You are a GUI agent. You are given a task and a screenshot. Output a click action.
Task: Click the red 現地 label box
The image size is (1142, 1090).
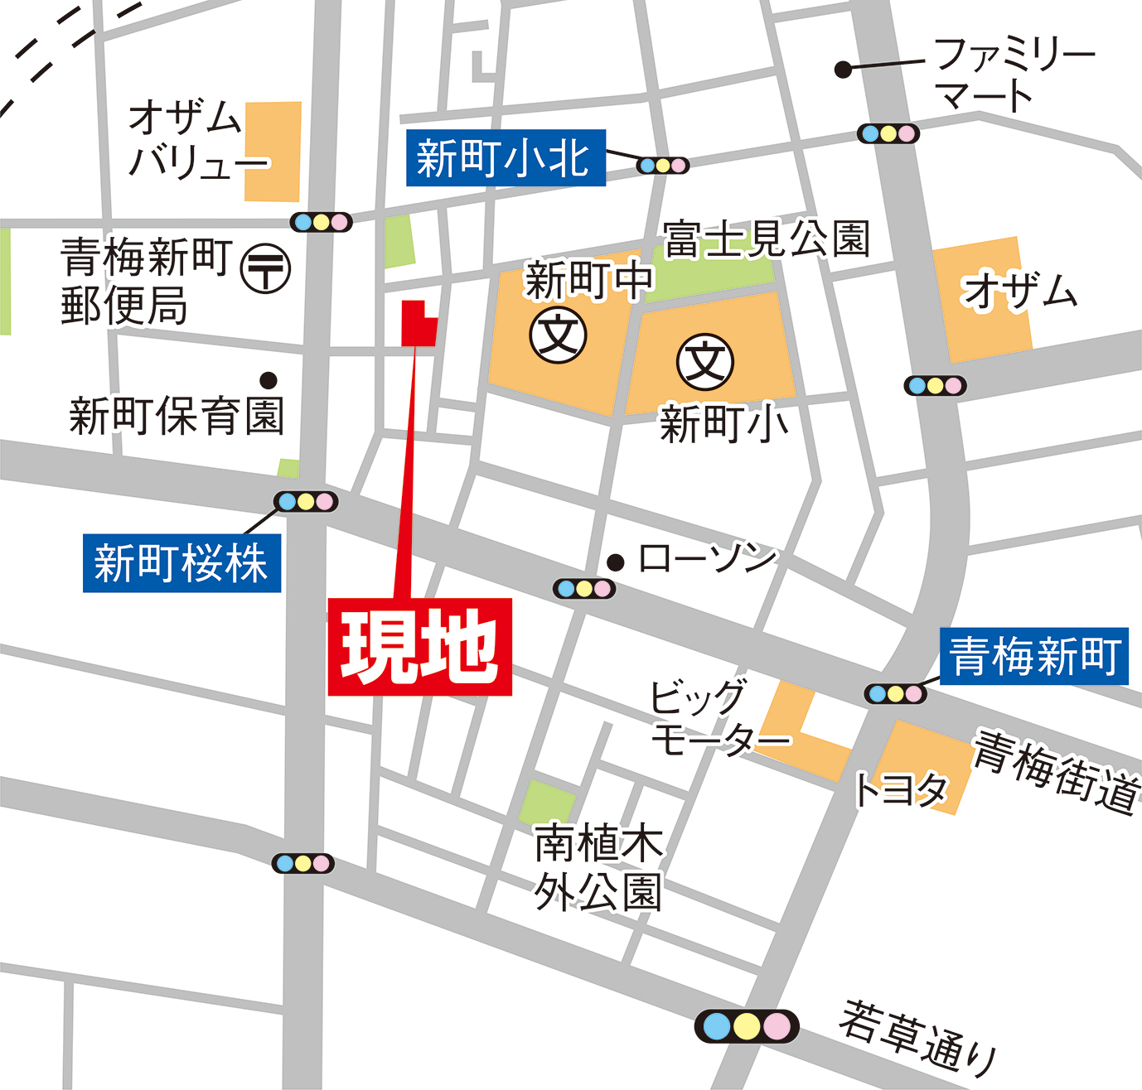click(x=420, y=647)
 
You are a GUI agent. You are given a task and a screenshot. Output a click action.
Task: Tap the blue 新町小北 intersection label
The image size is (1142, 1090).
click(x=506, y=157)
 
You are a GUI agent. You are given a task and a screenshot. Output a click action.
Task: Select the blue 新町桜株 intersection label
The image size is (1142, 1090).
click(x=181, y=563)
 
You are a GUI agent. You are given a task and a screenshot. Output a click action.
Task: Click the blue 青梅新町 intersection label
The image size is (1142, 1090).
click(x=1034, y=656)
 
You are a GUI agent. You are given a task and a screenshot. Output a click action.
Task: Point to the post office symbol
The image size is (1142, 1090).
click(x=265, y=268)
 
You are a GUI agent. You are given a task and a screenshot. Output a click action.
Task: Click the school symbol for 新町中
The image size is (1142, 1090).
click(x=559, y=335)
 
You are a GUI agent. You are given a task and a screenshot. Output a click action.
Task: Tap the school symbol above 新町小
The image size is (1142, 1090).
click(x=705, y=362)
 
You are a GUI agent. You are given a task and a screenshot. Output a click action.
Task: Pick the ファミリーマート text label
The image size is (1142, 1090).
click(x=1013, y=74)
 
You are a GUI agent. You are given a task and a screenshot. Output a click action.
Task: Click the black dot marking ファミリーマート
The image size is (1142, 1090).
click(x=843, y=70)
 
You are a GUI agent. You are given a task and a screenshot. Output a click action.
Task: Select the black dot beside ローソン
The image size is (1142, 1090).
click(x=615, y=562)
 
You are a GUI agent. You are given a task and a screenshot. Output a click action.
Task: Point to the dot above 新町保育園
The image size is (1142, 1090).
click(x=268, y=380)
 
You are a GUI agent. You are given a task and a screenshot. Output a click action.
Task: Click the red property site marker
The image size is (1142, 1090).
click(x=418, y=324)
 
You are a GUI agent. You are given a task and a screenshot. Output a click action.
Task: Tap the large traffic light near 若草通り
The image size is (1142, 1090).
click(x=747, y=1026)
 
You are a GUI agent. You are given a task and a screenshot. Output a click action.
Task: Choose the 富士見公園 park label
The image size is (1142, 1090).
click(x=767, y=239)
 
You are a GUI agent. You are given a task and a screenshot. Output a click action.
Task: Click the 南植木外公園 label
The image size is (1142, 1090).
click(x=598, y=866)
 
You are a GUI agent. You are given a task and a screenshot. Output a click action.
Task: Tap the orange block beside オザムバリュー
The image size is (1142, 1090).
click(x=273, y=152)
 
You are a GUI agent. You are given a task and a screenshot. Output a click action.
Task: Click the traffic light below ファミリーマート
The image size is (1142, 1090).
click(x=888, y=133)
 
